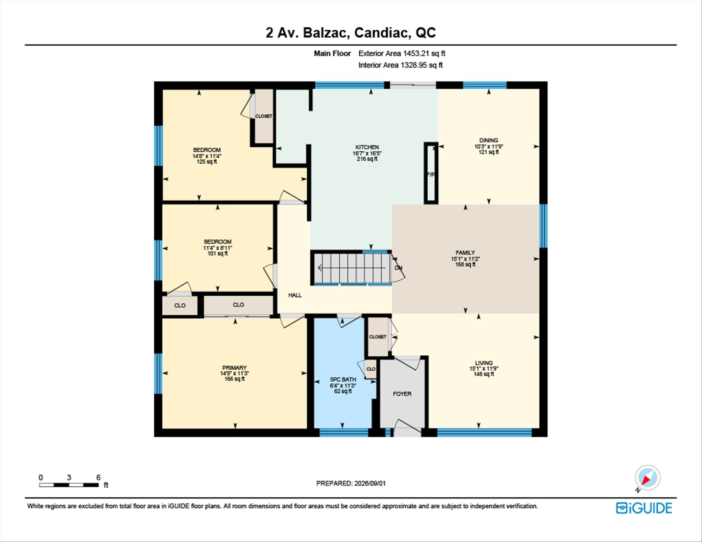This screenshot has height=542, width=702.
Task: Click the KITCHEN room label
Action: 367,147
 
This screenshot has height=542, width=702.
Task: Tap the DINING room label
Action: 488,140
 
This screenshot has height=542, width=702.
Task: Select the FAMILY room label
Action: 465,253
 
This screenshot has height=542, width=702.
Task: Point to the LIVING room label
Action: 484,363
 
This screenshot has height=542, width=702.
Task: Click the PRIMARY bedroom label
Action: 234,368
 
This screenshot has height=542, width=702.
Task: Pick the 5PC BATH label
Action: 343,380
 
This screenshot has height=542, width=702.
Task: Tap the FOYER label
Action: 402,394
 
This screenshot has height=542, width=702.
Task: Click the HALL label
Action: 295,295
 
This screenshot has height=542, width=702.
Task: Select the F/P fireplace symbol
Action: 431,173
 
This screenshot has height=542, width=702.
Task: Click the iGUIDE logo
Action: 644,508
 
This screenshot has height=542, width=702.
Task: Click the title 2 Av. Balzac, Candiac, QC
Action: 351,33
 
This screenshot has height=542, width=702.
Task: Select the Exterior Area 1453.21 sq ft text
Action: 402,53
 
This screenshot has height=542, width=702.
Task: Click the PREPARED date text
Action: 351,483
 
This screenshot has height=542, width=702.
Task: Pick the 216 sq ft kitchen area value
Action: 367,159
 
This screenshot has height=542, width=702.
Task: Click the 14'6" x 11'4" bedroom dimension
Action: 207,156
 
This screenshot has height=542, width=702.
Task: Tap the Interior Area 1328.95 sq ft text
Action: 400,65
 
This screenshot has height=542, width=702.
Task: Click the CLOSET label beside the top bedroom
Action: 264,116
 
